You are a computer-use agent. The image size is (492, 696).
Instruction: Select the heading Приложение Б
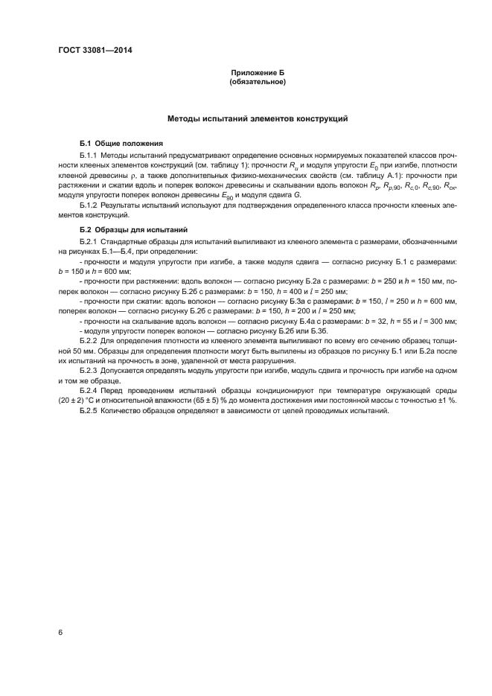tap(258, 73)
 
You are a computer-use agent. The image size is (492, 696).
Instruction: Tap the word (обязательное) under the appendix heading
tap(258, 82)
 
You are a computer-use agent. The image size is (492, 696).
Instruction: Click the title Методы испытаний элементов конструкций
tap(258, 118)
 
